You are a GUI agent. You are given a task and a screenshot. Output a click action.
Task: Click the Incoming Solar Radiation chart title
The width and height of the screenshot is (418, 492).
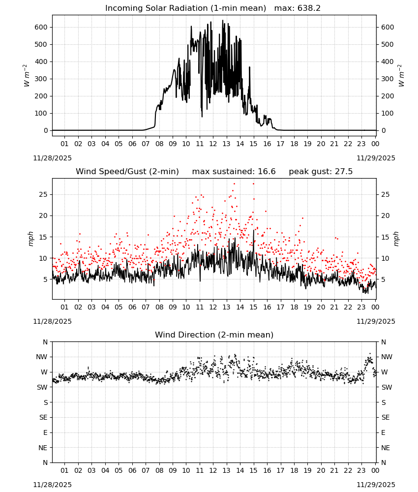click(185, 8)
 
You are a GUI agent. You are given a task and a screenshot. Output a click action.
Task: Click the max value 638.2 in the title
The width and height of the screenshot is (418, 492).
click(309, 8)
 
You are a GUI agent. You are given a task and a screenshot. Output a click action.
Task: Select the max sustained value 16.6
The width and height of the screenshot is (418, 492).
click(267, 172)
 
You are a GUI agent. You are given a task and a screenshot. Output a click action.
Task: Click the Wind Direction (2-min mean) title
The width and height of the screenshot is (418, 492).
click(214, 335)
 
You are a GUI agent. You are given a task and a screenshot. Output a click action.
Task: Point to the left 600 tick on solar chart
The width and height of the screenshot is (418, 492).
click(41, 27)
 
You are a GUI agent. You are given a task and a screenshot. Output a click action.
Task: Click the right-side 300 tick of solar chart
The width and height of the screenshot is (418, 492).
click(388, 79)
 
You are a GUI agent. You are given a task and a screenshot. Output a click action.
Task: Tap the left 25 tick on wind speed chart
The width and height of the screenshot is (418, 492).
click(43, 194)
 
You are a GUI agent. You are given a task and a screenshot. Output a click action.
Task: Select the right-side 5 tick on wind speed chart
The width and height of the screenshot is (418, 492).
click(383, 279)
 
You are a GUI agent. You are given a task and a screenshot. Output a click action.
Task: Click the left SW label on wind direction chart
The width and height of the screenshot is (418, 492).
click(42, 388)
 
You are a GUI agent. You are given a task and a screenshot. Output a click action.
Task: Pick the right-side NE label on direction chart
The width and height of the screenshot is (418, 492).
click(386, 448)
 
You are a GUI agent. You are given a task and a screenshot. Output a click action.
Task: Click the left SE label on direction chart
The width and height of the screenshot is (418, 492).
click(43, 418)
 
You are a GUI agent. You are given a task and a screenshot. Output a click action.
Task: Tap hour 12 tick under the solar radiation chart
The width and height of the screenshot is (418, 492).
click(213, 144)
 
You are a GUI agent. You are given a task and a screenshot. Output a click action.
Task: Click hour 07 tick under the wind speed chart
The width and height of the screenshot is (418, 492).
click(146, 307)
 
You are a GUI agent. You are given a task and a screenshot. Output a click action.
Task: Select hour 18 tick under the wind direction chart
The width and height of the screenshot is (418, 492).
click(294, 470)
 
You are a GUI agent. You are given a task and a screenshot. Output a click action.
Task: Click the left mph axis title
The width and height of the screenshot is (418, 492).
click(30, 239)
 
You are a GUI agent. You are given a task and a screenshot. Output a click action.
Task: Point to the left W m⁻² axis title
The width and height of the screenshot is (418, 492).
click(27, 76)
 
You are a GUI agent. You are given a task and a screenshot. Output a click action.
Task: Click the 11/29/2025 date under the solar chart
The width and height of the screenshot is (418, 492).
click(376, 158)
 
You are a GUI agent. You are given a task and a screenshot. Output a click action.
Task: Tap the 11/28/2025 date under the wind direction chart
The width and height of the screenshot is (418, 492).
click(52, 485)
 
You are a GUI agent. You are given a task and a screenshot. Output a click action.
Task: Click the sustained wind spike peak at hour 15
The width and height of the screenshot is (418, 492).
click(254, 230)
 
